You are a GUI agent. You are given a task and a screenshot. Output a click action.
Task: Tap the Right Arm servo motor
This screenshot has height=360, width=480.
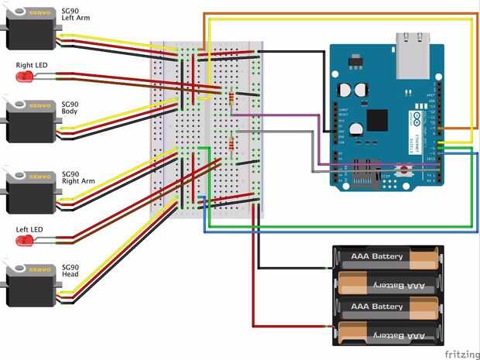[31, 191]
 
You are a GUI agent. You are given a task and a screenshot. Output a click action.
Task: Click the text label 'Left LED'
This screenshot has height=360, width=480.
[30, 230]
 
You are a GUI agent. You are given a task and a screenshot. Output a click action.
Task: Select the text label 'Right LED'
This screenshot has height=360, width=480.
[32, 66]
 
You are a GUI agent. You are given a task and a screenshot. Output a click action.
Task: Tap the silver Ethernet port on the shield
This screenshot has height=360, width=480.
[413, 55]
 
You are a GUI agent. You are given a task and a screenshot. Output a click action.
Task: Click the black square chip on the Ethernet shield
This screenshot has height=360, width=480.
[376, 120]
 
